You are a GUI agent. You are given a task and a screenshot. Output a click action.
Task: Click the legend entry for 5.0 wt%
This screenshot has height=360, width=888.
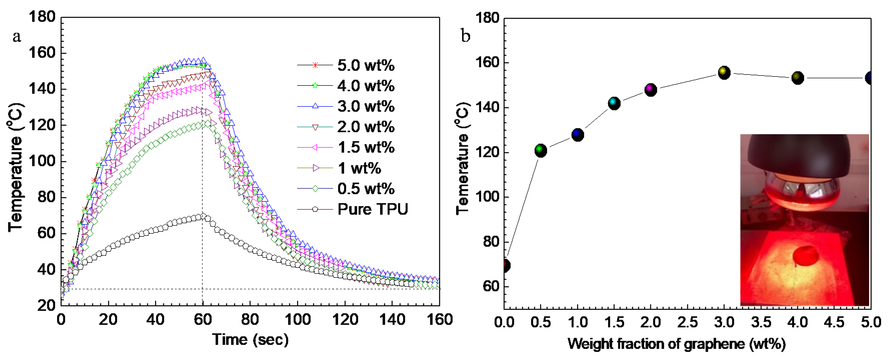[365, 65]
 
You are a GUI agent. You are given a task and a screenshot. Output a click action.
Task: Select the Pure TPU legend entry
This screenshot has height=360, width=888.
[372, 209]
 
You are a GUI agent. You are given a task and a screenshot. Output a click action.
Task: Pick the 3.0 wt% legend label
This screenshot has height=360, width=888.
[365, 106]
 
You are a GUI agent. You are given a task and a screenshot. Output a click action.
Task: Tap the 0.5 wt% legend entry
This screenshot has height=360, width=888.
[365, 188]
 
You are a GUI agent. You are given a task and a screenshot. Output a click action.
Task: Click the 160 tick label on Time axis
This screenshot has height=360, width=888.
[439, 320]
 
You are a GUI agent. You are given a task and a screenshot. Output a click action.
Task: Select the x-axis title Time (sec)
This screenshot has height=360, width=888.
[250, 340]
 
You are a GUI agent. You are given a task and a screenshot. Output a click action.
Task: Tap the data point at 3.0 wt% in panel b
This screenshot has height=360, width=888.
[724, 72]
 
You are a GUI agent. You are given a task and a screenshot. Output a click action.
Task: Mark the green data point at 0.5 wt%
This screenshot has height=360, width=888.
[540, 150]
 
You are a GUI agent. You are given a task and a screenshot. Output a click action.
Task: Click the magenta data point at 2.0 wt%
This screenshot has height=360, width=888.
[650, 90]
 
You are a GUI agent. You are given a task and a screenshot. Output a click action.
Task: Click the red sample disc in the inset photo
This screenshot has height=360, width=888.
[805, 255]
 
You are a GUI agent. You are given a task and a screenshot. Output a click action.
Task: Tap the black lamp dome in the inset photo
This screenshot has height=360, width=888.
[800, 152]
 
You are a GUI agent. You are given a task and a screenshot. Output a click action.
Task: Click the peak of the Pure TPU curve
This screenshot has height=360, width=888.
[203, 216]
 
